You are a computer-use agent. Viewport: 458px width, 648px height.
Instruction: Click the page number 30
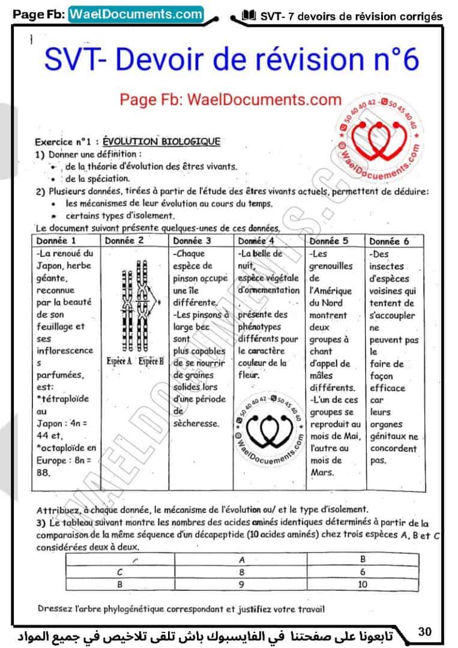[x=425, y=631]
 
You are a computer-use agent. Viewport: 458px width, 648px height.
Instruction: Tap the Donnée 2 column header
[x=124, y=241]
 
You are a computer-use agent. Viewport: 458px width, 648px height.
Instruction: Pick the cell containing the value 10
[x=362, y=583]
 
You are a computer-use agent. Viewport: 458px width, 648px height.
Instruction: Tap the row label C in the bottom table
[x=120, y=572]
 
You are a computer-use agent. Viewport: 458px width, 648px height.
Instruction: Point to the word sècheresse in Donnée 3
[x=194, y=423]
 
